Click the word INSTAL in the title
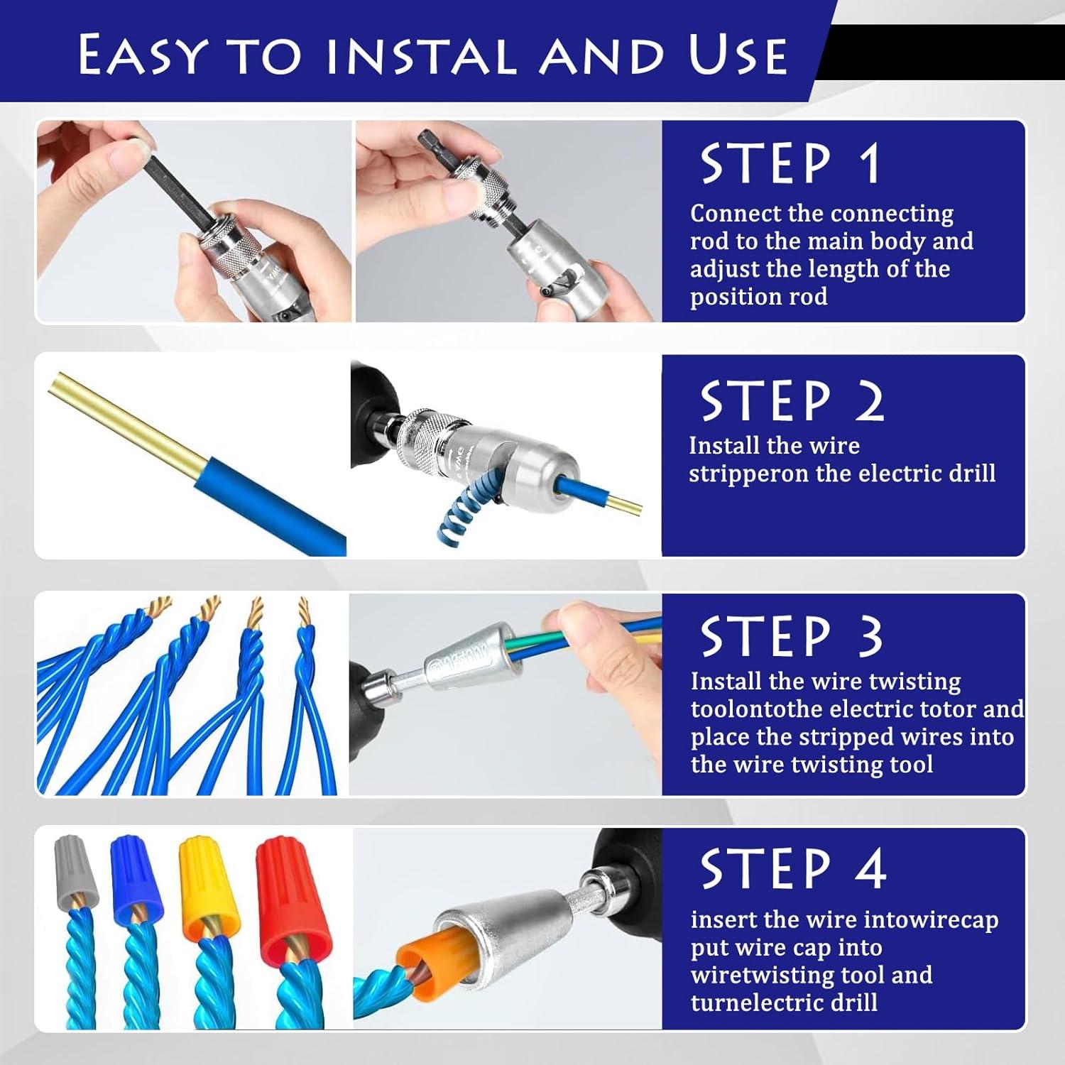[x=422, y=55]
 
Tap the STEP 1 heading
[x=790, y=164]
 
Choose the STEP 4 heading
[x=793, y=868]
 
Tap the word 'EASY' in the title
[x=143, y=55]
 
